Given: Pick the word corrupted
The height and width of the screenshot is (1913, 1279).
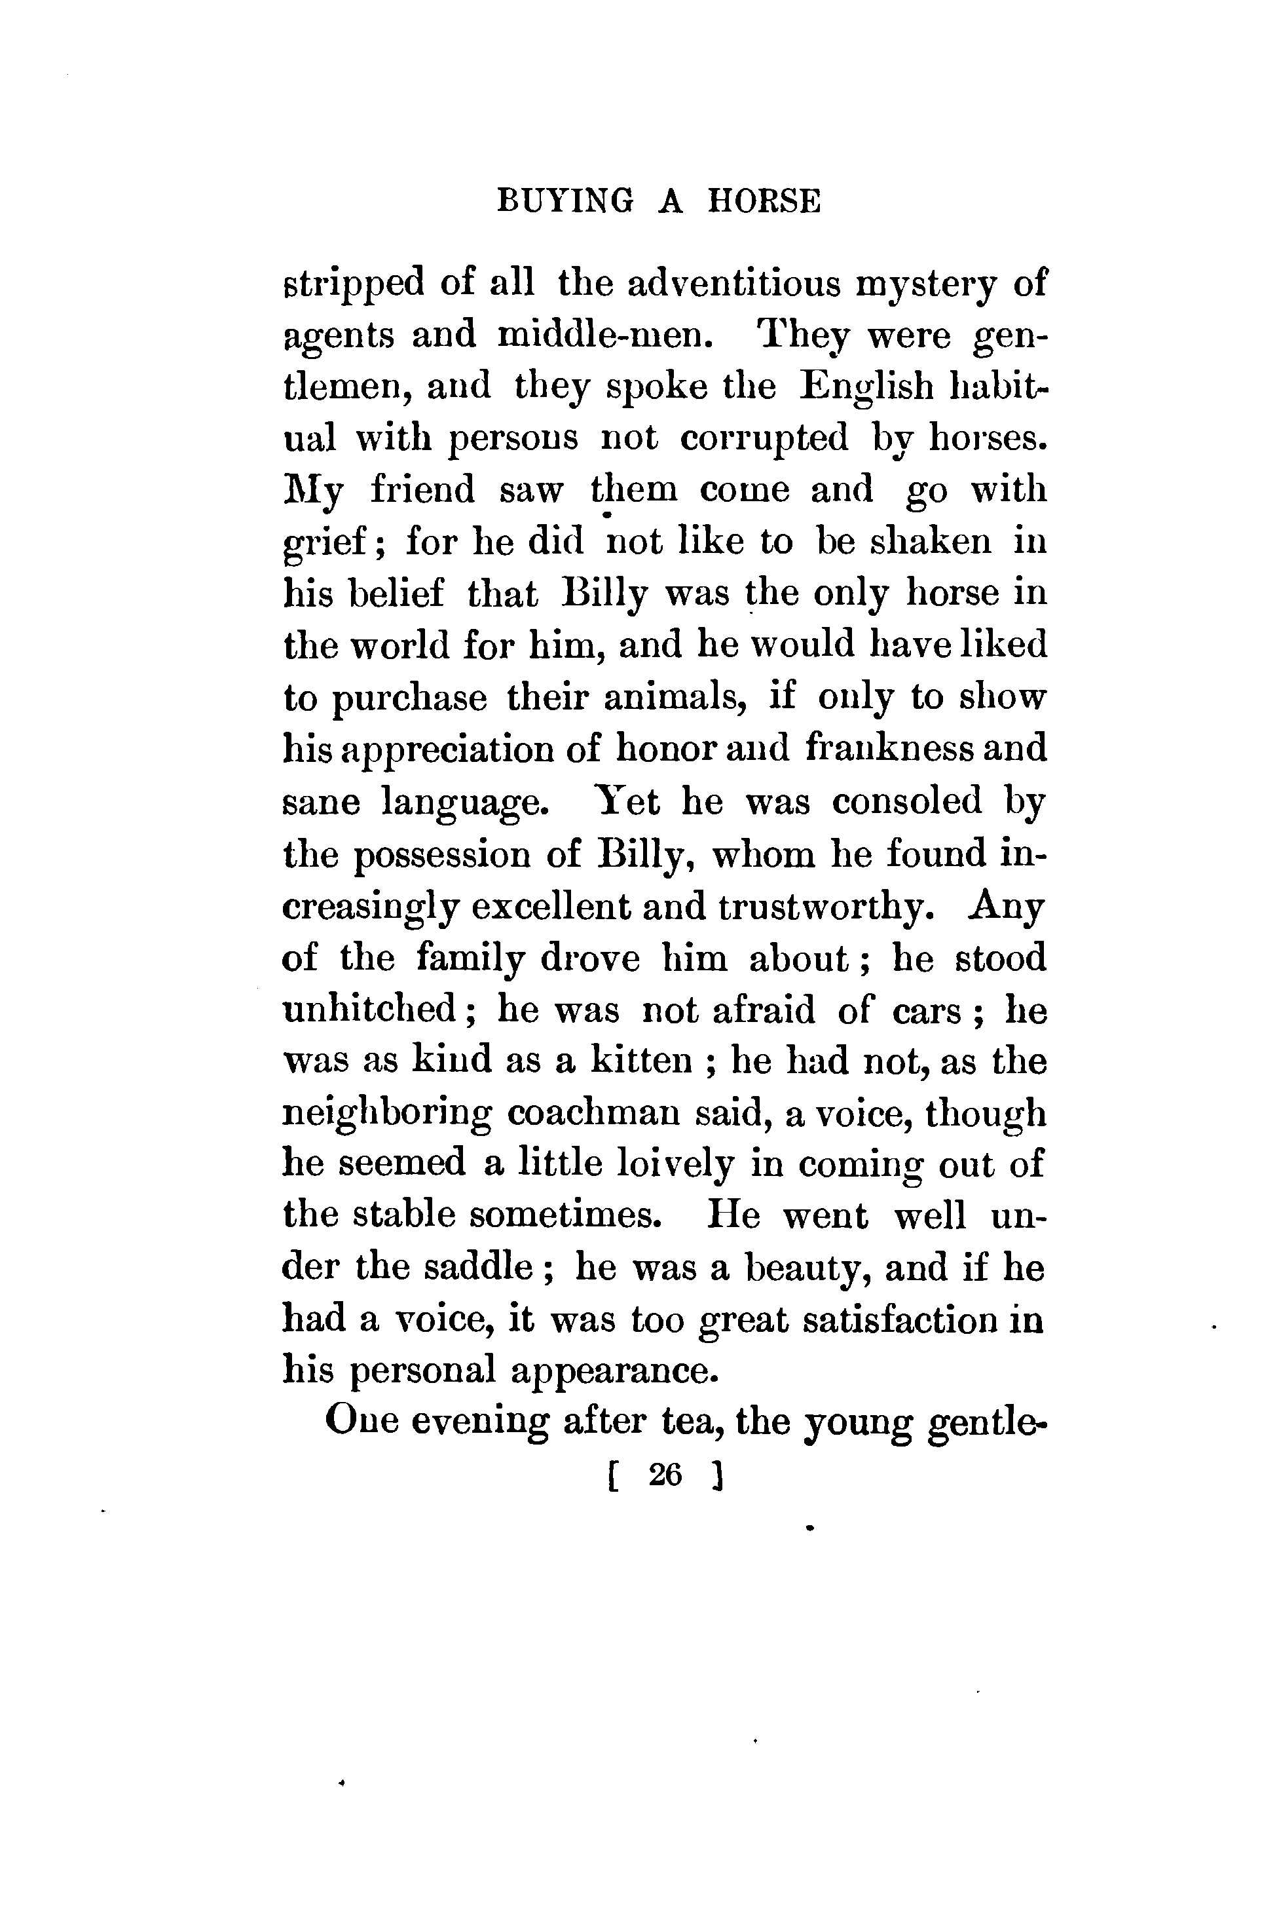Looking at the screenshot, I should click(x=764, y=438).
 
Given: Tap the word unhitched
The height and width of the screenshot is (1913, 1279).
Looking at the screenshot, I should click(x=369, y=1010).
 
